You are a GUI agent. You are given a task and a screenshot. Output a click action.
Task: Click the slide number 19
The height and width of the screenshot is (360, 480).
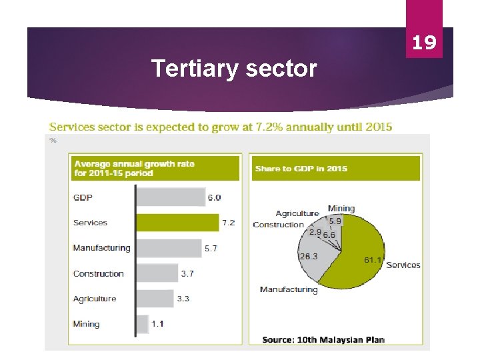424,43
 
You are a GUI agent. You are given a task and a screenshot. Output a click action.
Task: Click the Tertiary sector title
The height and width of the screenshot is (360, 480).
234,68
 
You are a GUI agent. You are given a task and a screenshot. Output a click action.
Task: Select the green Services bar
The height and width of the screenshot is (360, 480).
177,223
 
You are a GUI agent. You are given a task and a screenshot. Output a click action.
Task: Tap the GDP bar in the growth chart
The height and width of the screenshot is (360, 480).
171,197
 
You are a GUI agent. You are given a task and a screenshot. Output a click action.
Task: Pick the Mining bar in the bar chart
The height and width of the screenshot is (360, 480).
142,324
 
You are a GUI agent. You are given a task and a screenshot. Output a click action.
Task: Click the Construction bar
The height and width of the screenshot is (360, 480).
157,273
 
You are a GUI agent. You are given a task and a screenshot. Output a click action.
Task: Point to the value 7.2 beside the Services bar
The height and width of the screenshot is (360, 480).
228,223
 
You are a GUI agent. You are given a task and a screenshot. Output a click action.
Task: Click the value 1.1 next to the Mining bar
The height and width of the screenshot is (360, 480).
157,324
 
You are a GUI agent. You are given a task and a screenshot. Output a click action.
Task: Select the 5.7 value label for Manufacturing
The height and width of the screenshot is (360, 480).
211,248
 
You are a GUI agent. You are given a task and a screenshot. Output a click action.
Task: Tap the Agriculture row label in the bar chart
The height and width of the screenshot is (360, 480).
95,299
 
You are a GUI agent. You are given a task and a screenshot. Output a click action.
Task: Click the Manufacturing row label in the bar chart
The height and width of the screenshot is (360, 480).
101,248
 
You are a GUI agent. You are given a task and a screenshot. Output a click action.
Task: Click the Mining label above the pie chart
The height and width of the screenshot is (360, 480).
341,209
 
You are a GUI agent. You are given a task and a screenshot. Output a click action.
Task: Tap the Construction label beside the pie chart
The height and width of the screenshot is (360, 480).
278,225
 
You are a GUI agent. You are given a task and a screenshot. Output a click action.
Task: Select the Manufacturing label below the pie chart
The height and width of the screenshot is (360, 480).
289,289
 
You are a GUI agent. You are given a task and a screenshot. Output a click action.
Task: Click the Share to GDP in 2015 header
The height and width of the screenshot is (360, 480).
301,169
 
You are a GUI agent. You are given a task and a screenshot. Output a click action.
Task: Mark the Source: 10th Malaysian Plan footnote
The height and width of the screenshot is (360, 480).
323,339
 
